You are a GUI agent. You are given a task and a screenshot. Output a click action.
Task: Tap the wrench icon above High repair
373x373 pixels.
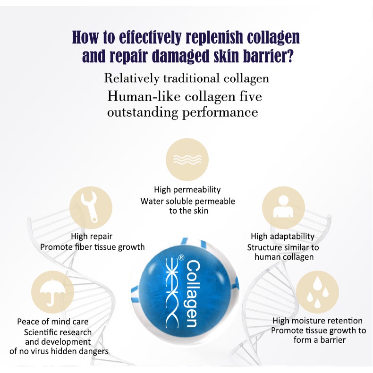point(91,208)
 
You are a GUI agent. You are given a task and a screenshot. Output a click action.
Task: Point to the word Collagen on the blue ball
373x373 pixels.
point(193,293)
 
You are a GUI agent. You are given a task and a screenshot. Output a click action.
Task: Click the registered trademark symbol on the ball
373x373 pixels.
point(180,258)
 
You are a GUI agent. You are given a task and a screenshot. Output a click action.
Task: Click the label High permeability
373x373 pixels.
point(187,190)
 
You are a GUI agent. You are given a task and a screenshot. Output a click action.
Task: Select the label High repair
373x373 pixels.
point(92,236)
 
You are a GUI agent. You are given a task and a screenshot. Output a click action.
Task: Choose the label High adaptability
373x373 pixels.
point(282,237)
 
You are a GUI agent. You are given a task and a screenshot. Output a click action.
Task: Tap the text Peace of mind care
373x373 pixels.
point(53,322)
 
